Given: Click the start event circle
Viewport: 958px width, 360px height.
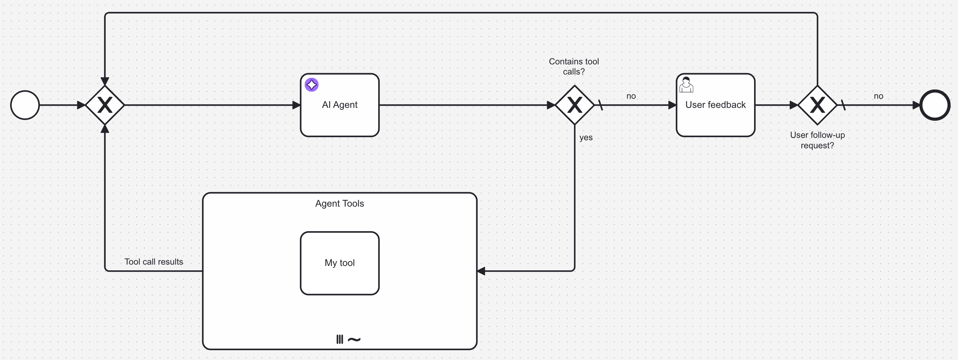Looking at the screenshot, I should coord(25,105).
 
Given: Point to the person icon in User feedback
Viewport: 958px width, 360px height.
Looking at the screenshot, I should coord(686,85).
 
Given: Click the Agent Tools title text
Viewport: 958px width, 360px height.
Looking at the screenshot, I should coord(339,204).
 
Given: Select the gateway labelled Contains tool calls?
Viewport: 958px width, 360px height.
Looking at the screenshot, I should coord(575,105).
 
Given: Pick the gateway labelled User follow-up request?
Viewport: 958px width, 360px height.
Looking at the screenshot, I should coord(817,105).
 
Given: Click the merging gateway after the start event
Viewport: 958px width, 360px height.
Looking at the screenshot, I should coord(105,105).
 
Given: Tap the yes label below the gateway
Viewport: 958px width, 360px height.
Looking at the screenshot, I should coord(586,138).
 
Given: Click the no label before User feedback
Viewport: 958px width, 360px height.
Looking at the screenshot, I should coord(631,96).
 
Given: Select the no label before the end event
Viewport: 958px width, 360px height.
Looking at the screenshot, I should coord(878,96).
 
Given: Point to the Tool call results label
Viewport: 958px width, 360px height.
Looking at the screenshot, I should coord(154,262).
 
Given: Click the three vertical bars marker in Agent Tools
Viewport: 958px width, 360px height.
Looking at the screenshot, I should coord(339,339).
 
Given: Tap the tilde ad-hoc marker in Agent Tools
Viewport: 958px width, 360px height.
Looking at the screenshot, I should coord(354,339).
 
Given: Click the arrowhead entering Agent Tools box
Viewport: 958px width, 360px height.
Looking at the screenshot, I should coord(481,271).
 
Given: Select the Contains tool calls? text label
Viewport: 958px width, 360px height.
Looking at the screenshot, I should coord(574,66).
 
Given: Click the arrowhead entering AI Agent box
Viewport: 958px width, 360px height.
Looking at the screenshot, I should coord(296,105).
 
